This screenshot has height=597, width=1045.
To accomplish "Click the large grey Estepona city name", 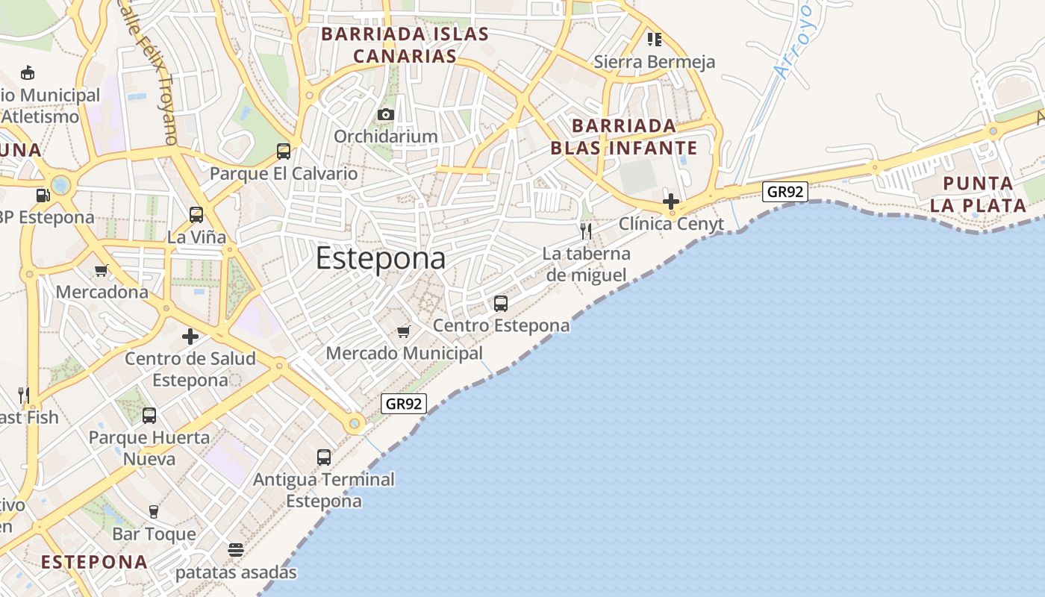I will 381,259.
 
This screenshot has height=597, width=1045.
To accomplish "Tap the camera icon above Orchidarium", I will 385,114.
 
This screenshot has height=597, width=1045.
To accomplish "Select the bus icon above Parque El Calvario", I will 284,151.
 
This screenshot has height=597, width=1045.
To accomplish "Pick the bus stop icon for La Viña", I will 196,215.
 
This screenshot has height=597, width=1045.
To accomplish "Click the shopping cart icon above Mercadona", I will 102,270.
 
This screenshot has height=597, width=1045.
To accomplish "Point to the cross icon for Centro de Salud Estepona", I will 190,337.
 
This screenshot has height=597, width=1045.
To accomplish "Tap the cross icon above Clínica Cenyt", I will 670,201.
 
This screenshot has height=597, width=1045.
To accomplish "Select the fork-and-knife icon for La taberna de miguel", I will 586,231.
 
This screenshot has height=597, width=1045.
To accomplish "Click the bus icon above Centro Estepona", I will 501,304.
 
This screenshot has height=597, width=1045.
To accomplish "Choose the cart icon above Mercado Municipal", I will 404,331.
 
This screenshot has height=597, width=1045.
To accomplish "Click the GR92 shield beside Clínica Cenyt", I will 786,192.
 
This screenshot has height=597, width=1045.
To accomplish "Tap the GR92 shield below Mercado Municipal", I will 404,404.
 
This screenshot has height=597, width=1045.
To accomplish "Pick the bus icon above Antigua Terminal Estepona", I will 324,457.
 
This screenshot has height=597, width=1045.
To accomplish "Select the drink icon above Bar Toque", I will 154,511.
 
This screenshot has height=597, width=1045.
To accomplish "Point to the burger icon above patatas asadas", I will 236,550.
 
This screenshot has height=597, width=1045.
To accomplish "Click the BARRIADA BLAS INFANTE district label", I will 624,137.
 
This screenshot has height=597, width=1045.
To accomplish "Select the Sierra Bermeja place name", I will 655,62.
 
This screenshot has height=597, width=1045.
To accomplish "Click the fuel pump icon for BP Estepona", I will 43,196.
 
